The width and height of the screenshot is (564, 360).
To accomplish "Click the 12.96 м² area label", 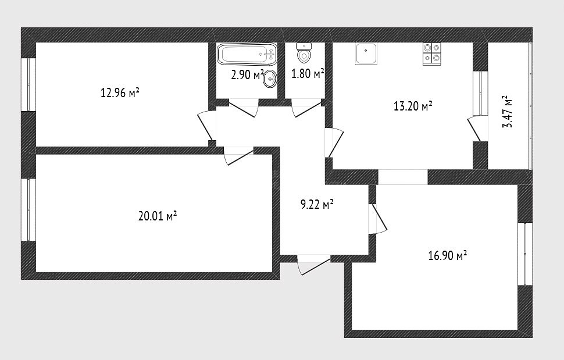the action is coord(120,93).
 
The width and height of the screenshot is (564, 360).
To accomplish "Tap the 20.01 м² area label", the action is coord(158,216).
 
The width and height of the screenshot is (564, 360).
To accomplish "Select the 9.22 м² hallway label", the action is coord(317,205).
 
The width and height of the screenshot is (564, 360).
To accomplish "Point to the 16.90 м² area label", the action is coord(448,256).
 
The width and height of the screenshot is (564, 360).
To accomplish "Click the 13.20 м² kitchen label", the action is coord(413,106).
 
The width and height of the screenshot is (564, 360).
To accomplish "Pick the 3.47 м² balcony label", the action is coord(507,112).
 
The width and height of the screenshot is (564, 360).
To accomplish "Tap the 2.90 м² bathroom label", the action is coord(248,75).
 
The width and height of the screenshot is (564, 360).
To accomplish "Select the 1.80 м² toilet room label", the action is coord(308,74).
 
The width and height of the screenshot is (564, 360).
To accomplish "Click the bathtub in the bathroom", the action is coord(247,55).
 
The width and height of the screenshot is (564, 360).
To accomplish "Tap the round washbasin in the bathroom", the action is coord(270,79).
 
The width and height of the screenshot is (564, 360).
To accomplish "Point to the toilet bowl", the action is coord(304,53).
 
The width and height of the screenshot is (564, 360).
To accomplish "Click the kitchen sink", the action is coord(366,54).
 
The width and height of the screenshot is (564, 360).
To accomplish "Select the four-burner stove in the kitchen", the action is coord(432,54).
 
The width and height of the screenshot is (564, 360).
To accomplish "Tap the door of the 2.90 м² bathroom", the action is coord(244,108).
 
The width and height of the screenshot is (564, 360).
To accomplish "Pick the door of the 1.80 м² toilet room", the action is coord(306,108).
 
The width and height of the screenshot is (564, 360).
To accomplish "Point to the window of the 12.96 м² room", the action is coord(28,84).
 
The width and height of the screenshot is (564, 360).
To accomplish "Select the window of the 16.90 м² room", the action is coord(525,254).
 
